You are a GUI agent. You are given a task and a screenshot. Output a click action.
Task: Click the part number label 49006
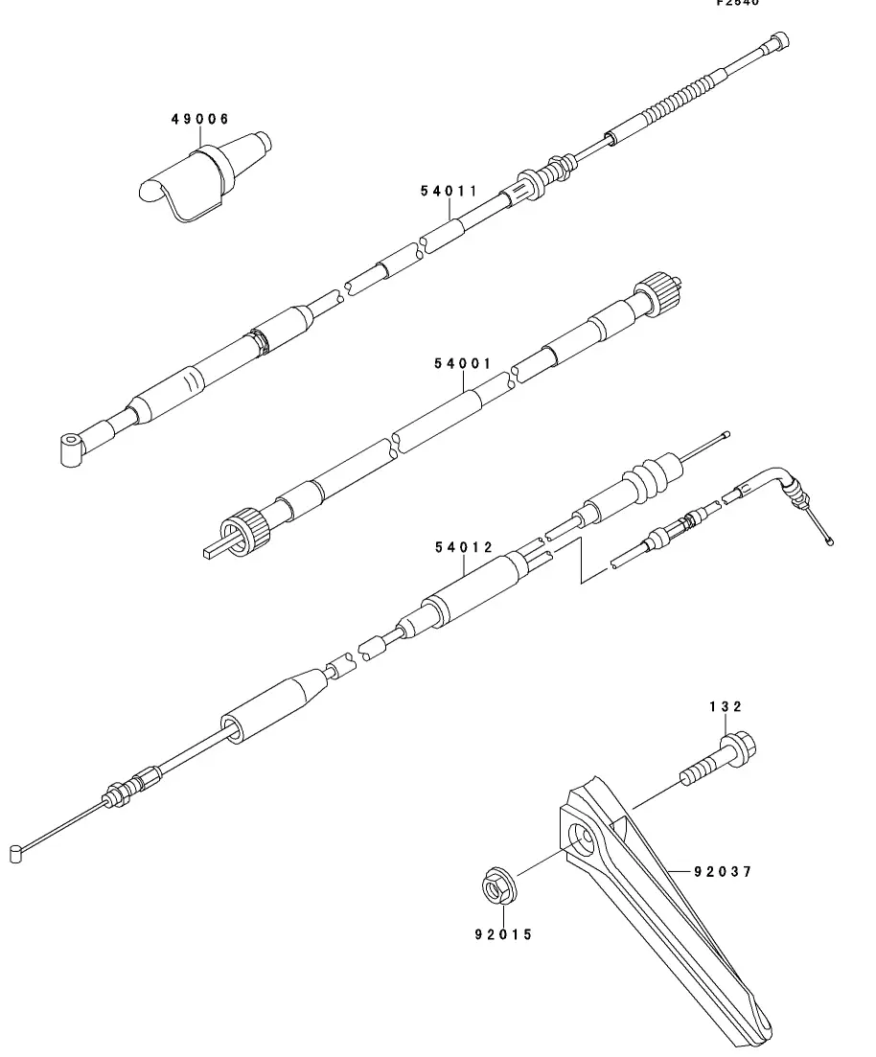coord(200,119)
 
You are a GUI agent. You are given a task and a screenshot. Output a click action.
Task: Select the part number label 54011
coord(449,191)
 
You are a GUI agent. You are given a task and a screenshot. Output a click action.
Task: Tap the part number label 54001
coord(462,364)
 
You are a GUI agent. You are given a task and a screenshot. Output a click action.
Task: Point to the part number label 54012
coord(463,547)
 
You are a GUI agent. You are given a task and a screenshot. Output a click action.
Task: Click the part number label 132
coord(726,706)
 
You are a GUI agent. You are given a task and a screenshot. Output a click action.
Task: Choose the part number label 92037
coord(724,871)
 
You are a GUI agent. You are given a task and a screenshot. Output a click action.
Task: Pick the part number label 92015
coord(502,934)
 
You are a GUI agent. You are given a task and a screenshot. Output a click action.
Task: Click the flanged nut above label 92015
coord(498,884)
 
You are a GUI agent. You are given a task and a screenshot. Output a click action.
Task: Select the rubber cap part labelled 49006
coord(203,178)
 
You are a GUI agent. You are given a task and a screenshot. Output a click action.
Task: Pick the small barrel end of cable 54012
coord(15,852)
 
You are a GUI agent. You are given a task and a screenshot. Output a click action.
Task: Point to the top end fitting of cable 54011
coord(778,41)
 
